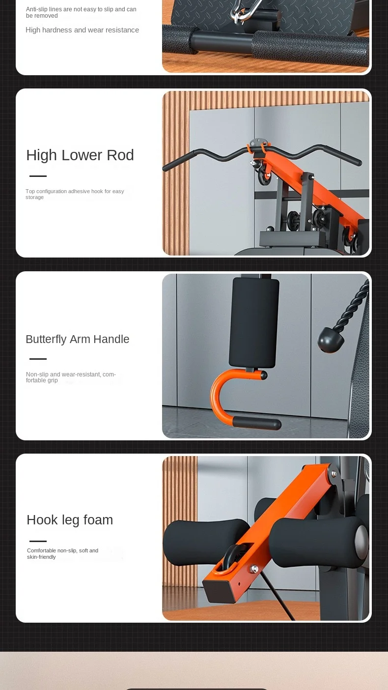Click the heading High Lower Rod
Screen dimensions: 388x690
(x=80, y=155)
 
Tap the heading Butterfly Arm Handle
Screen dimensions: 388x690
(x=78, y=339)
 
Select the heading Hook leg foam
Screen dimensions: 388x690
(x=70, y=520)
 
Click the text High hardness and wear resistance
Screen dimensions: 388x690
(x=82, y=30)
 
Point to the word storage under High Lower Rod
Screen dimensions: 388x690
(x=34, y=198)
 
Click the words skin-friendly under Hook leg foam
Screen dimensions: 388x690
(x=41, y=557)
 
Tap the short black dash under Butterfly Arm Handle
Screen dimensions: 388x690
(x=38, y=359)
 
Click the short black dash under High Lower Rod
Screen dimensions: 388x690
(x=38, y=176)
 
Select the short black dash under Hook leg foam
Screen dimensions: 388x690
(x=38, y=541)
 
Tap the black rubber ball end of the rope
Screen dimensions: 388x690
(x=331, y=340)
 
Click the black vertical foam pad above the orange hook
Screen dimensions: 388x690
(x=254, y=323)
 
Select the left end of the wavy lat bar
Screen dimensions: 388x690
(x=165, y=168)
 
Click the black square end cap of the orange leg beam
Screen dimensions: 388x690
(x=219, y=591)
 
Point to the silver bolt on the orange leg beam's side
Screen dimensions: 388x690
(x=254, y=569)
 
